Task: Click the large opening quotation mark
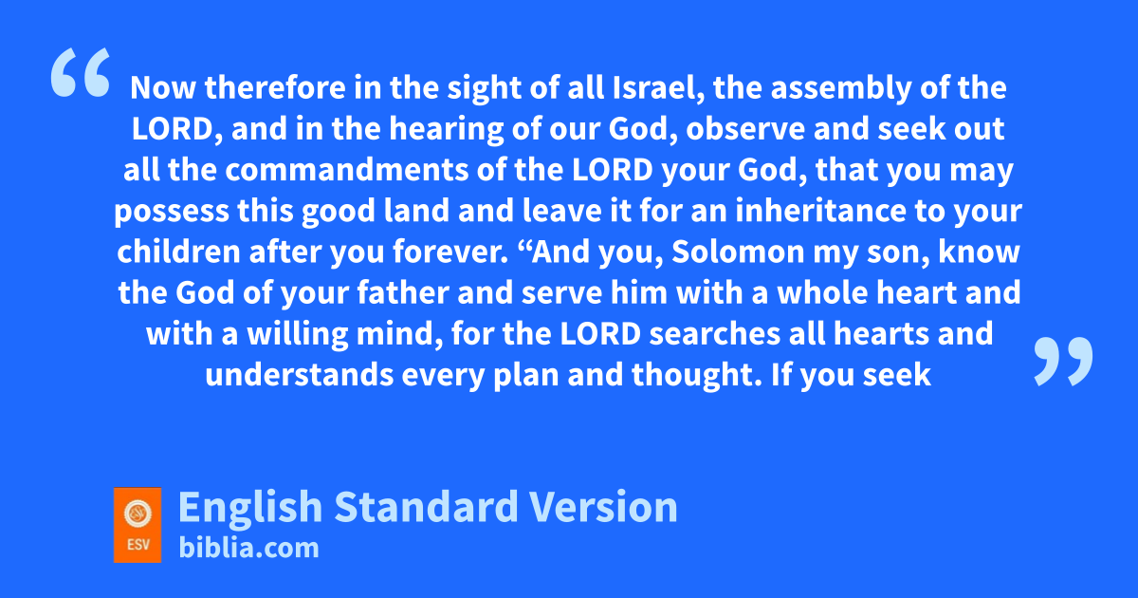click(x=81, y=72)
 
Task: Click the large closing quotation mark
click(x=1063, y=361)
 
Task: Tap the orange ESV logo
click(x=138, y=525)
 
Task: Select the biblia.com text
click(x=248, y=549)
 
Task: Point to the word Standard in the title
click(x=426, y=507)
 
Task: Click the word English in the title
click(x=250, y=508)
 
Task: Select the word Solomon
click(x=738, y=252)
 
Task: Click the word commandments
click(x=347, y=170)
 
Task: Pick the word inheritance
click(x=820, y=211)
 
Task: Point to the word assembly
click(x=841, y=88)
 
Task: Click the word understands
click(x=300, y=375)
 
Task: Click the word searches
click(x=715, y=334)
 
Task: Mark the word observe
click(x=745, y=129)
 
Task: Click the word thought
click(x=696, y=376)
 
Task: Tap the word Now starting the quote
click(x=162, y=88)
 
